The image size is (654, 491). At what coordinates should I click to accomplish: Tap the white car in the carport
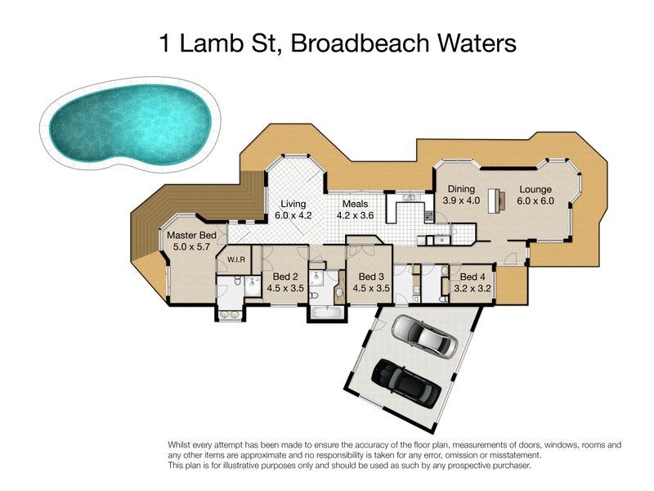(423, 336)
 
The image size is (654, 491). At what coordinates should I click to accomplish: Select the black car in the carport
(406, 383)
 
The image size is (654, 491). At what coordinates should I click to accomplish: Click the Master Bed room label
(191, 235)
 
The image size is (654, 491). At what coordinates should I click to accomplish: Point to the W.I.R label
(237, 260)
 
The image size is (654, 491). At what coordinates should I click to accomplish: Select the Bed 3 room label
(370, 276)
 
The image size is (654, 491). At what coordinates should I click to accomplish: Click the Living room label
(293, 204)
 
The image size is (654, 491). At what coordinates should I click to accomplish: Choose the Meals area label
(356, 204)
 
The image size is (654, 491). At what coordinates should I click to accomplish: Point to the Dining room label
(461, 188)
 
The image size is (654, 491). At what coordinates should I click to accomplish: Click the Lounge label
(536, 188)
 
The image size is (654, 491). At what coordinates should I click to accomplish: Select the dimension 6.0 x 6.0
(536, 200)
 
